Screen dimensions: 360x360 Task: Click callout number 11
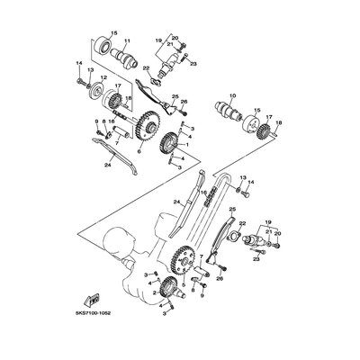(126, 41)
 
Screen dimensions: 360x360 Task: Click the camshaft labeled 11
(128, 61)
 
